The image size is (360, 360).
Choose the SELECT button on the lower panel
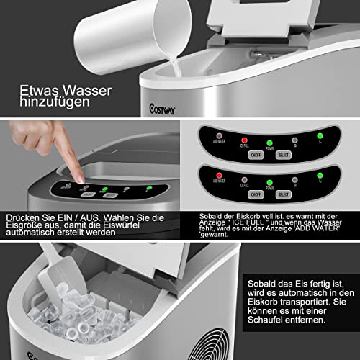283,194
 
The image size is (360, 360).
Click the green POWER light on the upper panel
269,143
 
